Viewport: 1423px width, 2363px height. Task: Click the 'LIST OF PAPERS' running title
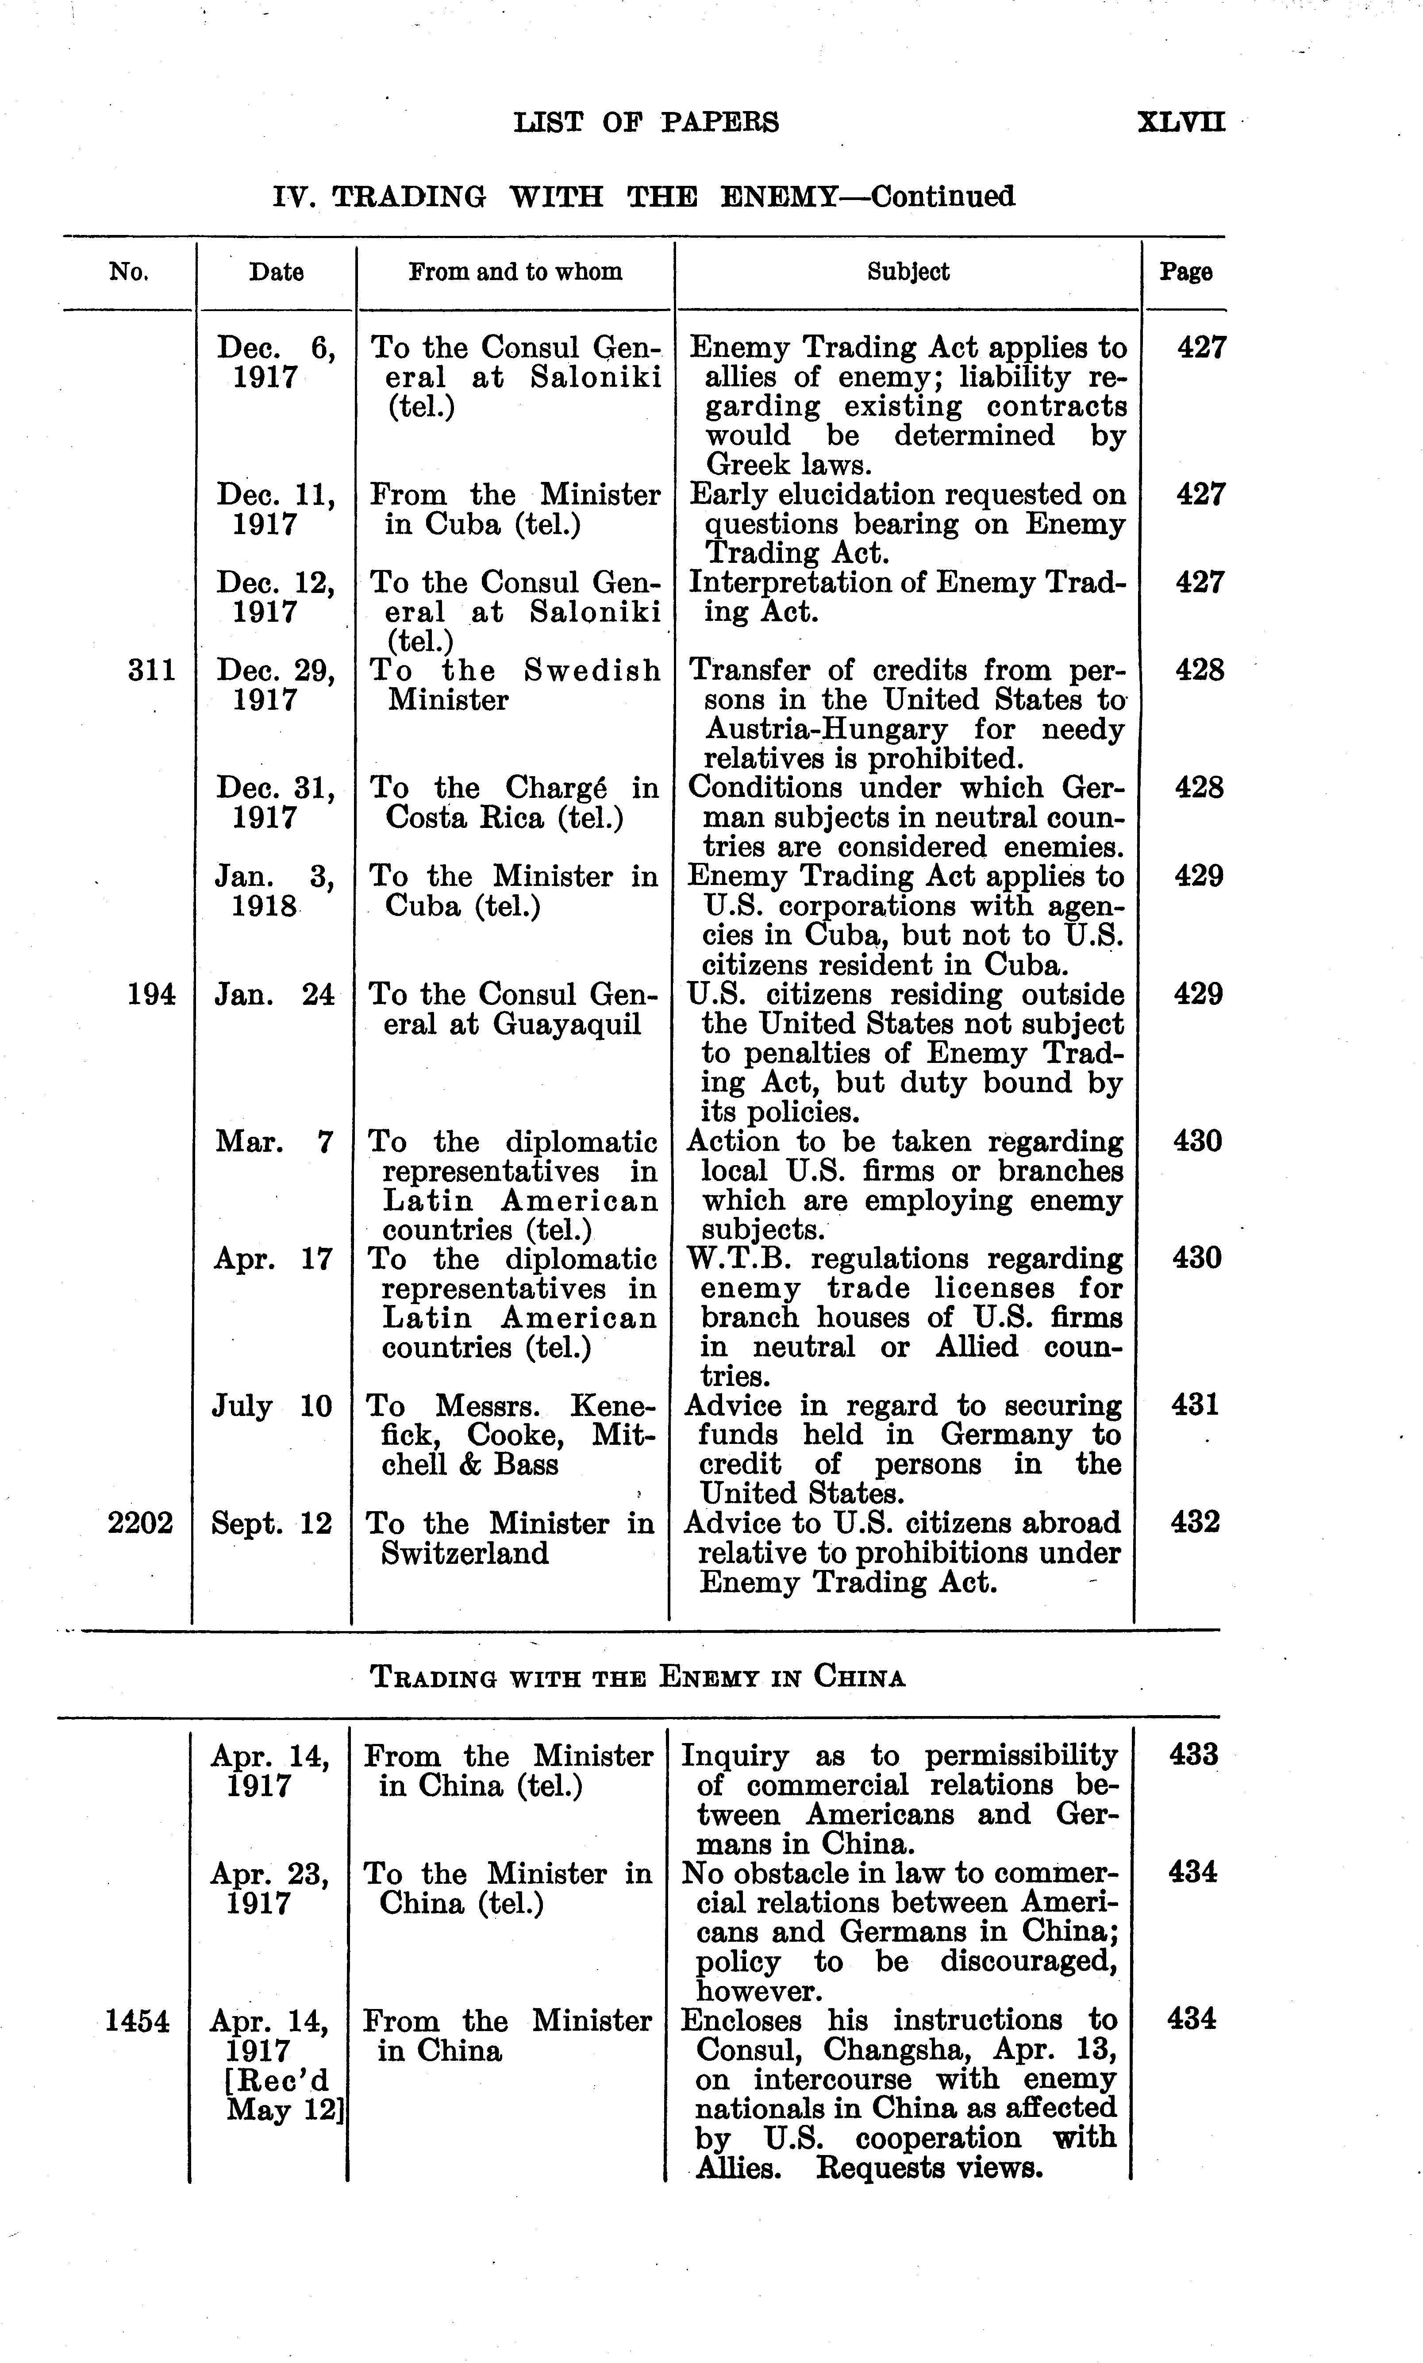tap(646, 123)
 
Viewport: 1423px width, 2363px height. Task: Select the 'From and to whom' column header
tap(515, 272)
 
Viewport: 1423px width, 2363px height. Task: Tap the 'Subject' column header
tap(908, 272)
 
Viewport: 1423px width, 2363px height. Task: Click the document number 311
tap(151, 670)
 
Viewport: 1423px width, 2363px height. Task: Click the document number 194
tap(151, 994)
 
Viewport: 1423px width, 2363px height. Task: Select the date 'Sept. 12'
tap(271, 1524)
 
